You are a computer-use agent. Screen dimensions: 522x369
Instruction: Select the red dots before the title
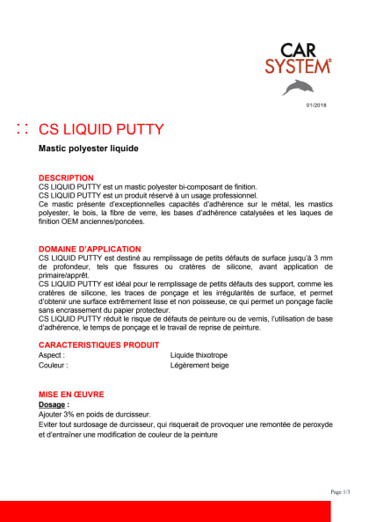(x=24, y=129)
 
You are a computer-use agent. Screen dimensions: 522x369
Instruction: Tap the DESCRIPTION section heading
(x=66, y=178)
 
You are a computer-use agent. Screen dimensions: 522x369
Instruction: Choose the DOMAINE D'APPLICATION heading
(x=90, y=250)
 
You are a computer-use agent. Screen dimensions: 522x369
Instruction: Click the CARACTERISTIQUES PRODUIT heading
(x=98, y=344)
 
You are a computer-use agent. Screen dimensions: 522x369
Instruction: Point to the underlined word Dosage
(x=54, y=404)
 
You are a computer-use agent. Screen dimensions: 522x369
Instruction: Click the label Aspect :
(x=52, y=355)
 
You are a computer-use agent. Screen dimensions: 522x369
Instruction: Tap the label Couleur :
(x=54, y=365)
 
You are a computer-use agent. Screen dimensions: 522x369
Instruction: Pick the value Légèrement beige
(x=200, y=365)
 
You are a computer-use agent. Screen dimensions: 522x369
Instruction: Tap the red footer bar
(x=184, y=510)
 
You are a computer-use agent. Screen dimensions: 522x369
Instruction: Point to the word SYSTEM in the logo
(x=305, y=67)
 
